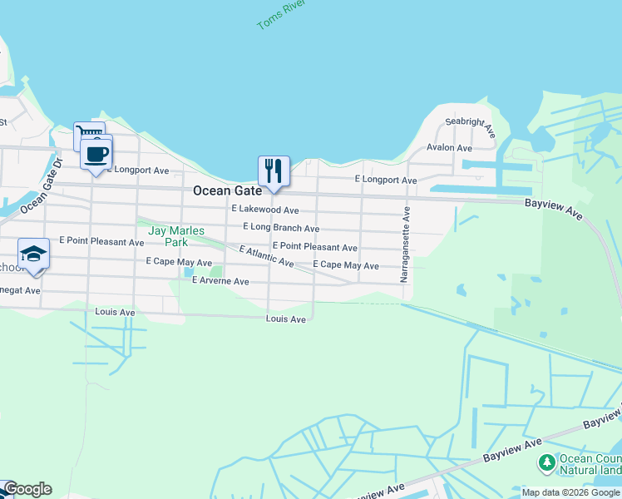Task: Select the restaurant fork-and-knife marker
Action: [274, 171]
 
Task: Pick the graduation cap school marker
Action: [34, 254]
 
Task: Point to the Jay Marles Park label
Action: [175, 236]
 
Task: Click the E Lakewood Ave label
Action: [265, 210]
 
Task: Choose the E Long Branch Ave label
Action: [281, 228]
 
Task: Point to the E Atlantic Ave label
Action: [266, 256]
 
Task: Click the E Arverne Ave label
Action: [220, 281]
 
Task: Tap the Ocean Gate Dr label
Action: [41, 185]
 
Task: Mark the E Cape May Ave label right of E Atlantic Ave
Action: [346, 265]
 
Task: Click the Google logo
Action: [27, 489]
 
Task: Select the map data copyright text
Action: [570, 492]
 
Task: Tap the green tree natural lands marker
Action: [547, 462]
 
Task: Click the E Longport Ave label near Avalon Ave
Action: [386, 180]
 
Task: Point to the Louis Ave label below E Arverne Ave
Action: [286, 319]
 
